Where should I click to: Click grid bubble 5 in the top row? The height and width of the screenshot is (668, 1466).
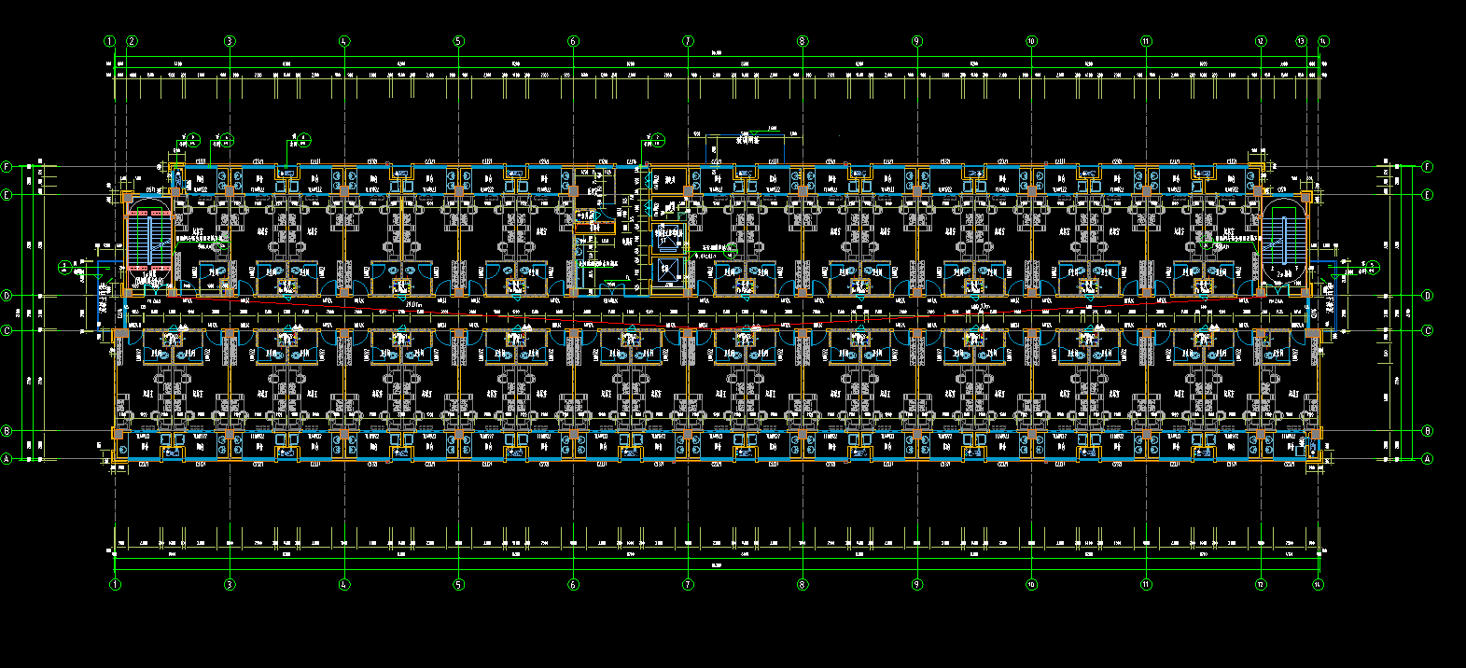(458, 41)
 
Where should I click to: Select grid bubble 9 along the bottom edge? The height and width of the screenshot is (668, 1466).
(916, 585)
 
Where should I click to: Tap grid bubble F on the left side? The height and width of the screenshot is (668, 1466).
(7, 167)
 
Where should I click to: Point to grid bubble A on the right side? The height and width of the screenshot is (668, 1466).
(1427, 459)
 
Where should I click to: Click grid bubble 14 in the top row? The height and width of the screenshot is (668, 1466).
(1323, 41)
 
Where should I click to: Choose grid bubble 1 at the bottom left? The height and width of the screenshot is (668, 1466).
(115, 585)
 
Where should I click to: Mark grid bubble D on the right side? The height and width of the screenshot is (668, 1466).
(1427, 296)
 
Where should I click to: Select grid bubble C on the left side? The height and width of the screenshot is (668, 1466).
(7, 330)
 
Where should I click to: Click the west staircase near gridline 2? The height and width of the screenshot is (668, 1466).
(149, 240)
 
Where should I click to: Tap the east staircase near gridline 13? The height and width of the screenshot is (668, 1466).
(1284, 240)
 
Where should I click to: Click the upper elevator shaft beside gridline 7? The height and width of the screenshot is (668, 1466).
(668, 235)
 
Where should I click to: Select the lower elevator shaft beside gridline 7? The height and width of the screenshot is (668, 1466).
(668, 271)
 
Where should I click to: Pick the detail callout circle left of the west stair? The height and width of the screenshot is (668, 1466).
(63, 266)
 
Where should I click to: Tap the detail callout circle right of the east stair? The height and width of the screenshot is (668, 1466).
(1371, 266)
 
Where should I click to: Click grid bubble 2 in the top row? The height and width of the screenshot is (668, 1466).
(133, 41)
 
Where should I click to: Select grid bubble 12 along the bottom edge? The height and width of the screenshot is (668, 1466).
(1261, 585)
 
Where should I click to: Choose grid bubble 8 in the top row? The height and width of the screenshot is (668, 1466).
(802, 41)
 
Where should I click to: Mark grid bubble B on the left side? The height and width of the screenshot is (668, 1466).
(7, 431)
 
